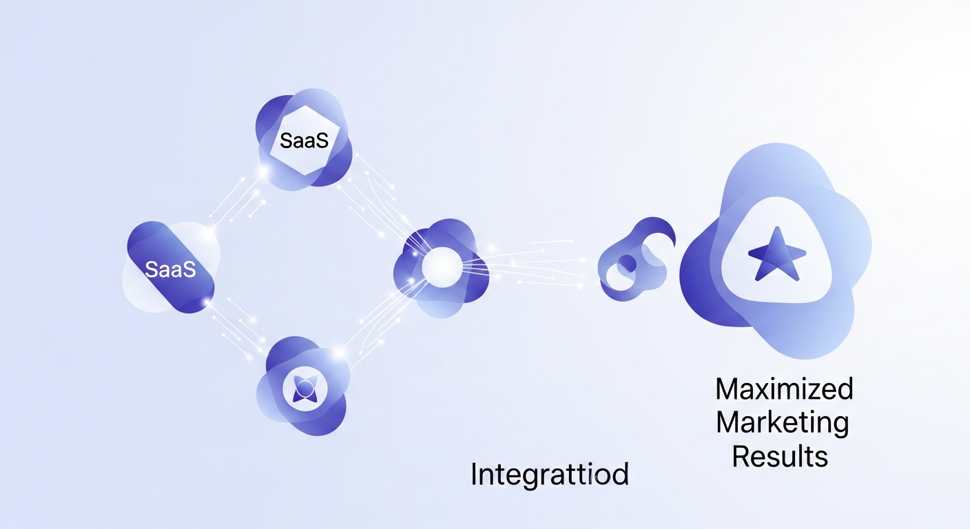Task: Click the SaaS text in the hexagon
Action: [304, 142]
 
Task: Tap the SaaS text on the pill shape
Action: [171, 269]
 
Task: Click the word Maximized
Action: [784, 390]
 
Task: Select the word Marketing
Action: [782, 423]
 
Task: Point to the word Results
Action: [779, 456]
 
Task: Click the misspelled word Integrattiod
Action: [549, 475]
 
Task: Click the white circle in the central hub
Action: [439, 267]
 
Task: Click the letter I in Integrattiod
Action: [475, 475]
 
